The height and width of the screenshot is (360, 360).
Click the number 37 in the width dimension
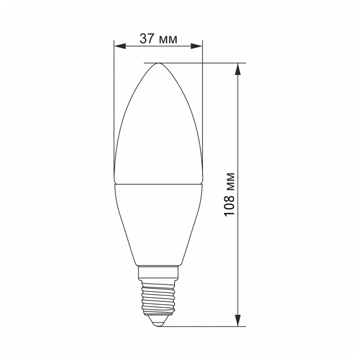pos(147,38)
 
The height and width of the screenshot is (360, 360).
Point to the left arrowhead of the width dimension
pos(120,46)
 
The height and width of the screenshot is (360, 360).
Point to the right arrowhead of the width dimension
pos(197,46)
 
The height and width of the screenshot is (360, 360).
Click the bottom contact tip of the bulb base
pos(158,326)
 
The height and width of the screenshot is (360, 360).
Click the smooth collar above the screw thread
pos(158,272)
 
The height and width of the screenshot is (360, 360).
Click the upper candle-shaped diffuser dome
pos(158,134)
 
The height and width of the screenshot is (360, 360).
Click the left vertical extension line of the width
pos(114,105)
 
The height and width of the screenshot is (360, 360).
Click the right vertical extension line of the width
pos(202,105)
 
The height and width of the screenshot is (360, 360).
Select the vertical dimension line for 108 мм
pos(238,141)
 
